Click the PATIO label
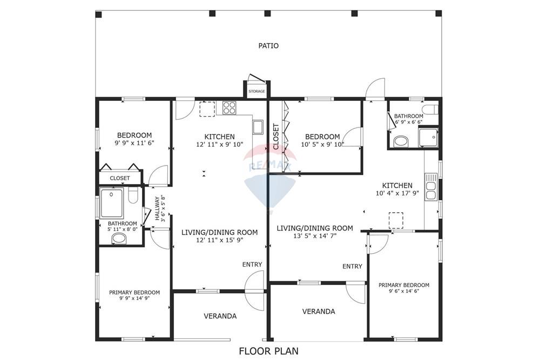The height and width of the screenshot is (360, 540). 268,46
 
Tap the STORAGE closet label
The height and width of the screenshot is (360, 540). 256,92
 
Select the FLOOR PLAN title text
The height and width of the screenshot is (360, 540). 269,351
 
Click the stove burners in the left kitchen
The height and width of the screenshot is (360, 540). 230,107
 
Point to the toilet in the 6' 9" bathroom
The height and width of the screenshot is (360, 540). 401,141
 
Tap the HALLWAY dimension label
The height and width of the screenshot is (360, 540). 160,208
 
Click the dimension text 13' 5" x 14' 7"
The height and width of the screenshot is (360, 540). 314,236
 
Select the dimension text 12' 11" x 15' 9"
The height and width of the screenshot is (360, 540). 219,240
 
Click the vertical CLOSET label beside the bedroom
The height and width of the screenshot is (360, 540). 276,137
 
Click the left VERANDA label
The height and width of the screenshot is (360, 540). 220,316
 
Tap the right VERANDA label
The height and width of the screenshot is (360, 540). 318,311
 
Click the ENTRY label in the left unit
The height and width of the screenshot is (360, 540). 252,264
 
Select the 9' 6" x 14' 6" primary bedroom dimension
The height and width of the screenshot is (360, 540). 403,292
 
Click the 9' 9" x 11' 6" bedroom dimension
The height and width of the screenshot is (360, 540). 134,143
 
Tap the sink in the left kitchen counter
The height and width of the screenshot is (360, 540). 258,127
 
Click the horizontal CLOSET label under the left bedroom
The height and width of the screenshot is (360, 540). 120,178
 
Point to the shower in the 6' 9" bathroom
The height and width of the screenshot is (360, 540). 430,138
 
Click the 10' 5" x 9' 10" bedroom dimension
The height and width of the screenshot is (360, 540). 322,144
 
